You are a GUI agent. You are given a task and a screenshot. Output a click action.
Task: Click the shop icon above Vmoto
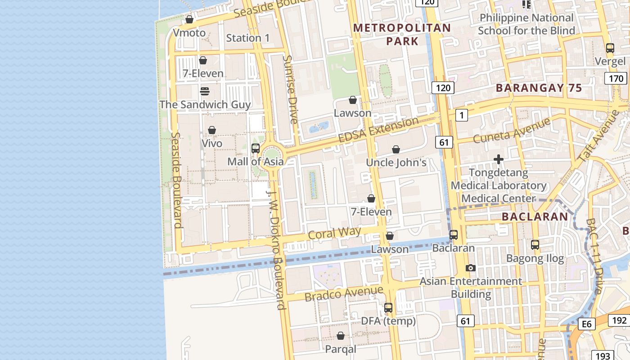click(189, 20)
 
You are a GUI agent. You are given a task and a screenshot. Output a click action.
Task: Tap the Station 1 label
click(248, 38)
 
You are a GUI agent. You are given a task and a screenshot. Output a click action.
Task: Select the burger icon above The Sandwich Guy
click(205, 91)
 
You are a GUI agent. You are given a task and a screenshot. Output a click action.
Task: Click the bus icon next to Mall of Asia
click(256, 148)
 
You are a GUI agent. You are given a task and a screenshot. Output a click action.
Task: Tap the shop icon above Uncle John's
click(396, 149)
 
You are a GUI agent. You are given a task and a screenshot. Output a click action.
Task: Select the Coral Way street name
click(334, 233)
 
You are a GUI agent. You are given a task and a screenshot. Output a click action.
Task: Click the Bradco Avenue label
click(344, 293)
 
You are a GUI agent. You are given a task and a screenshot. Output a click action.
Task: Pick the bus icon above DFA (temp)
click(388, 308)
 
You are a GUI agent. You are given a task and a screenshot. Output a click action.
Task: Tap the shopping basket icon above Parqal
click(341, 336)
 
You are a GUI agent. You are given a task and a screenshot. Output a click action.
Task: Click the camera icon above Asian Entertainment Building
click(471, 268)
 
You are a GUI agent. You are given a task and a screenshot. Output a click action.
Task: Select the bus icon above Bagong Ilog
click(535, 245)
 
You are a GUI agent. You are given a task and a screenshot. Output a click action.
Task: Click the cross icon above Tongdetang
click(499, 159)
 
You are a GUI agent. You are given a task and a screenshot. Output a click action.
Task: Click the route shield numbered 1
click(461, 116)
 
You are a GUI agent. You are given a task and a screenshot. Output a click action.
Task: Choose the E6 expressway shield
click(586, 324)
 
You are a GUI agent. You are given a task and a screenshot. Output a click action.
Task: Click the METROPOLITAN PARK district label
click(402, 34)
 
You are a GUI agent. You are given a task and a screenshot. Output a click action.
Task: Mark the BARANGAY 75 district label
click(539, 88)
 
